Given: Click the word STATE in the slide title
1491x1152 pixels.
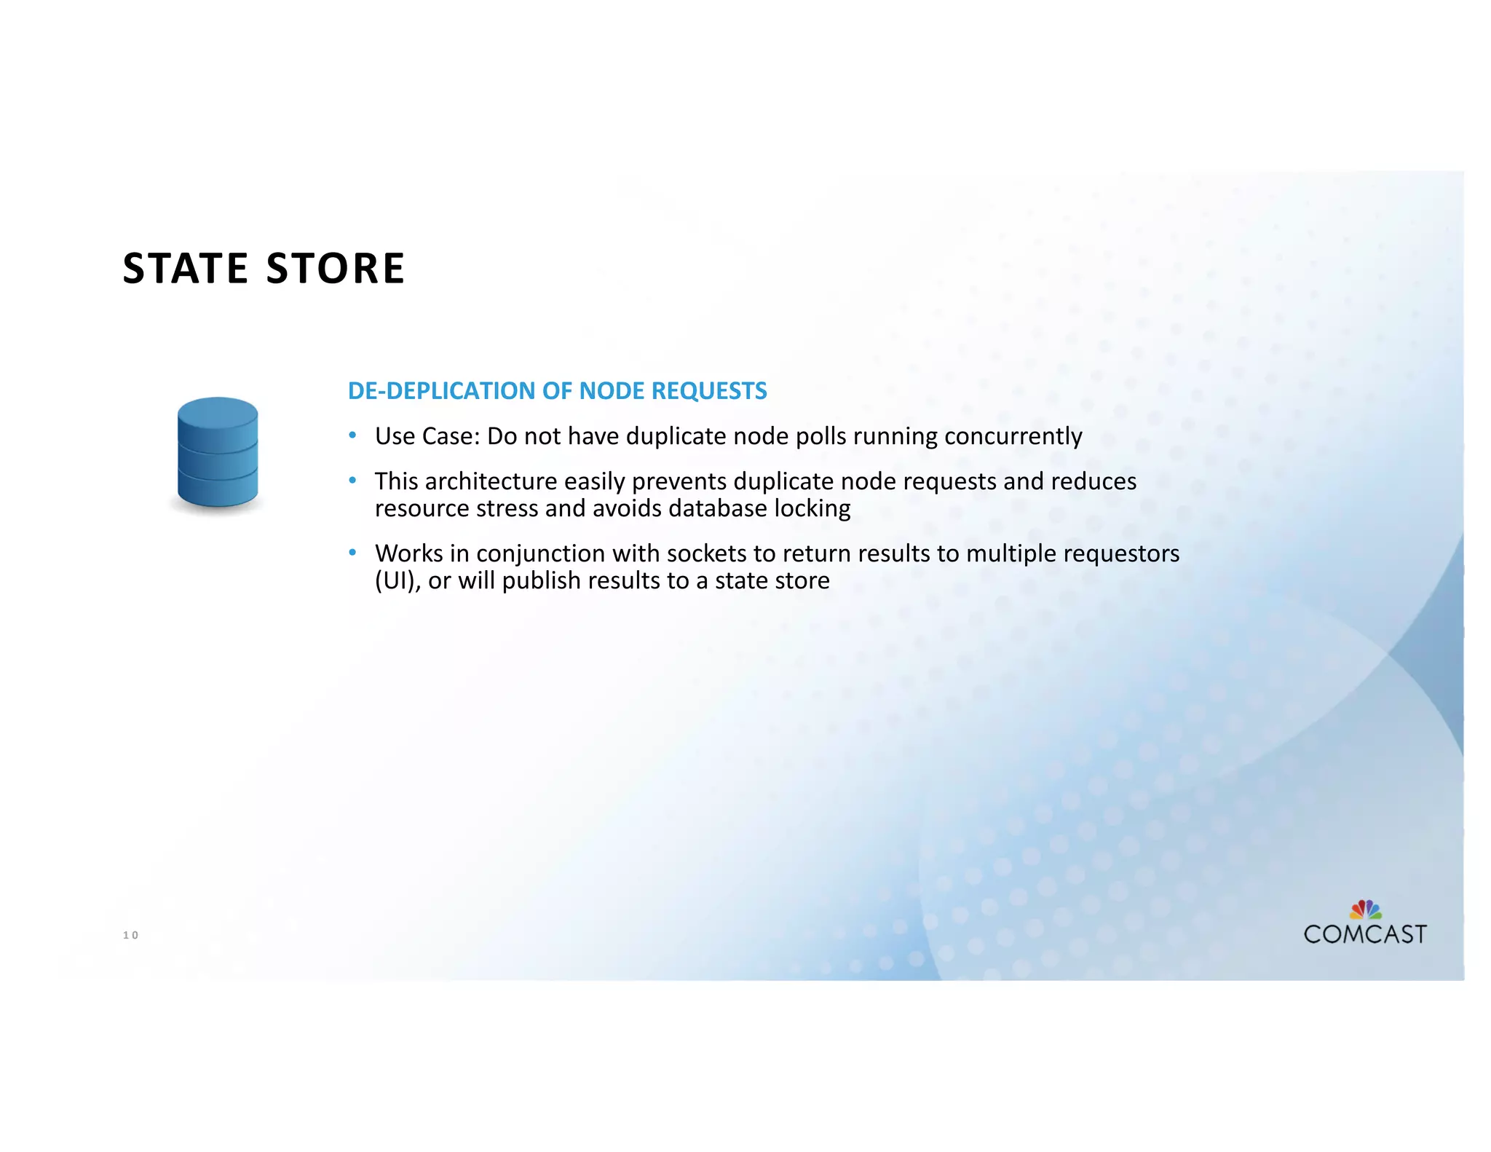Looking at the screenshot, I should (185, 268).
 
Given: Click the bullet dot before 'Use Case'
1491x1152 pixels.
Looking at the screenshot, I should (352, 435).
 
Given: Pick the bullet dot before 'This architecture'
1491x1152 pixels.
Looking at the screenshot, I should (352, 481).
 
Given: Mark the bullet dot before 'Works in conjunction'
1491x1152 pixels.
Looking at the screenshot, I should (352, 553).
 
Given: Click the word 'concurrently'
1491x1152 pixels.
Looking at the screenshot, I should (1013, 436).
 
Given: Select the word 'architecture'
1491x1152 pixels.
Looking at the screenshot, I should (491, 481).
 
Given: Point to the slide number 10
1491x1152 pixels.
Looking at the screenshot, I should (130, 935).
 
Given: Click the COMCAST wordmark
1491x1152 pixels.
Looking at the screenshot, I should (1365, 934).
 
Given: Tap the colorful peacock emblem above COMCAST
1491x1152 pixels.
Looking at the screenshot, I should (1366, 910).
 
